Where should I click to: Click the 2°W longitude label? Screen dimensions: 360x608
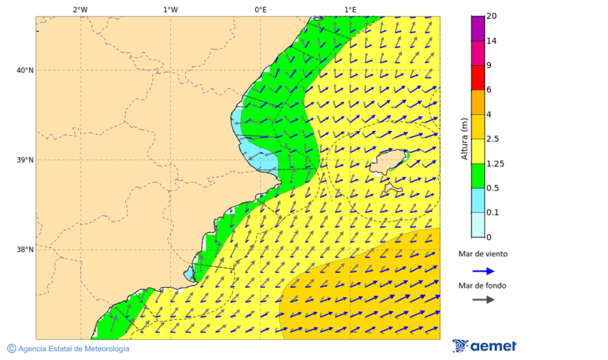[80, 9]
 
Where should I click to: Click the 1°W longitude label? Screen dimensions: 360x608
[170, 9]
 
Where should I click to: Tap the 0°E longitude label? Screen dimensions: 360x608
[260, 9]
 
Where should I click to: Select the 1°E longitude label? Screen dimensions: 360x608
[350, 9]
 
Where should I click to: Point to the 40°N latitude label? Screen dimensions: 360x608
[25, 70]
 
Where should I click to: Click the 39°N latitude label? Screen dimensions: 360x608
[25, 160]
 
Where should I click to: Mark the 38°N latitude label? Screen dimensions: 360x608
[25, 250]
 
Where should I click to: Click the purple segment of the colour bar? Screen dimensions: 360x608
[478, 28]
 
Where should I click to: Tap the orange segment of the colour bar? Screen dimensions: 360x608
[478, 102]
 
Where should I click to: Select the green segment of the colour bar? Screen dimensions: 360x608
[478, 176]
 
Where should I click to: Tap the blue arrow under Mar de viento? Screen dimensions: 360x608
[483, 271]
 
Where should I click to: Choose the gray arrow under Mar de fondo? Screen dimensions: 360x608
[483, 301]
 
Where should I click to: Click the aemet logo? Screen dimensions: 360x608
[484, 346]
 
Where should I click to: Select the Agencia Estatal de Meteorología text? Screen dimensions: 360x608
[68, 349]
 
